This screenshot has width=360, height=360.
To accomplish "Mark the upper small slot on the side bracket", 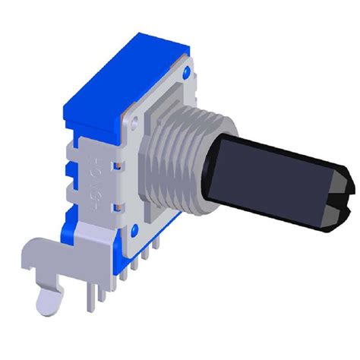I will [119, 163].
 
